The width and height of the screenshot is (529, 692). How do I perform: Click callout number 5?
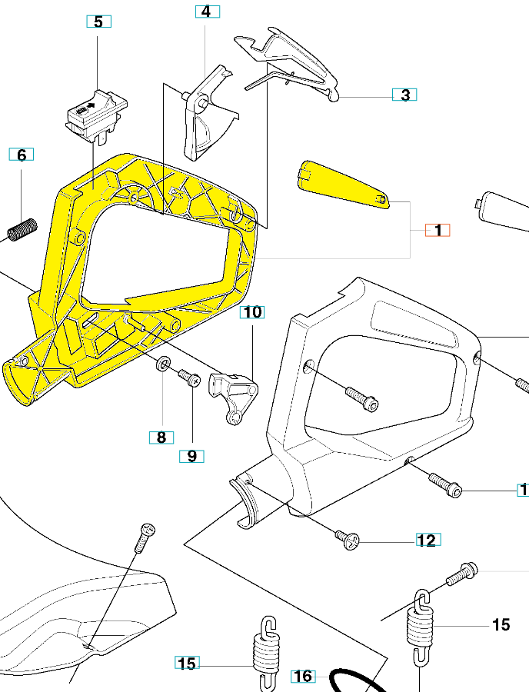[x=98, y=22]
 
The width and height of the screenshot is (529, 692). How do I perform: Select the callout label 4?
[x=205, y=12]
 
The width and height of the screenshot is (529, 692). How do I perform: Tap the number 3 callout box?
[x=405, y=95]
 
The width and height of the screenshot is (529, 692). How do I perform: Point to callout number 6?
[x=22, y=155]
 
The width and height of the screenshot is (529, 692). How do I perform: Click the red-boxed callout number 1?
[x=438, y=230]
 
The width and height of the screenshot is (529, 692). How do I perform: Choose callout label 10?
[x=252, y=312]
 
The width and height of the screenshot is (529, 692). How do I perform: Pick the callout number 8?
[x=161, y=437]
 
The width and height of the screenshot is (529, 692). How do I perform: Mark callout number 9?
[x=191, y=456]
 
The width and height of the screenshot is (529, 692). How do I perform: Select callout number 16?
[x=304, y=676]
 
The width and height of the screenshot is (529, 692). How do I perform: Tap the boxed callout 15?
[x=188, y=664]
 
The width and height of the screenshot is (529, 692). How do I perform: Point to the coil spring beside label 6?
[x=23, y=228]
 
